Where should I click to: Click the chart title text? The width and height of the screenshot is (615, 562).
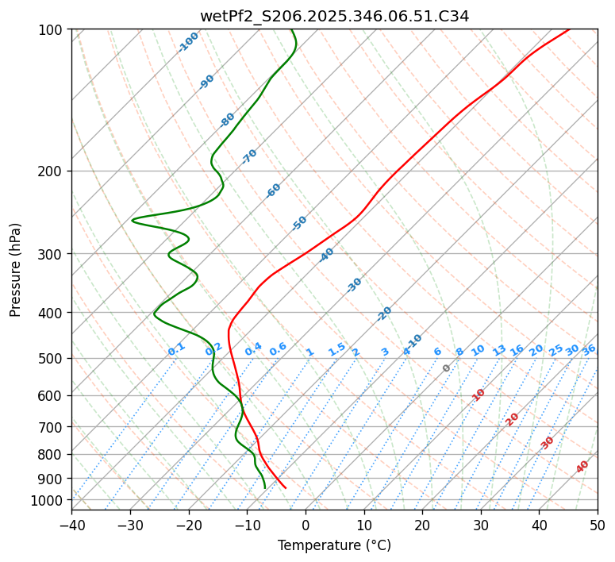coord(334,16)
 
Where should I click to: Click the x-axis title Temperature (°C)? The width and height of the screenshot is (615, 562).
coord(334,546)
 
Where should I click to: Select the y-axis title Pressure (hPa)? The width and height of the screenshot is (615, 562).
coord(16,270)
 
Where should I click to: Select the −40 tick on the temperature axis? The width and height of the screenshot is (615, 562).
coord(71,525)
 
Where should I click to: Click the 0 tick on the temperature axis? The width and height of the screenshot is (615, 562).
coord(306,525)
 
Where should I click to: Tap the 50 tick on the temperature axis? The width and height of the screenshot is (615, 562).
coord(598,525)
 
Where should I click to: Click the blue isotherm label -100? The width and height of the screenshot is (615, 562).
coord(189,42)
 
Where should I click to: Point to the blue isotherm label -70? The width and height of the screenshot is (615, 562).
coord(249,156)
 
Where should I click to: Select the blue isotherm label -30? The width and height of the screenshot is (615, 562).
coord(354,285)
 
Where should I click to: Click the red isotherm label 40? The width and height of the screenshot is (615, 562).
coord(582,467)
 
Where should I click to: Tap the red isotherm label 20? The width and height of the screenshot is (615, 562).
coord(513,418)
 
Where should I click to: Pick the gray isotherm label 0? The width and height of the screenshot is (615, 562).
coord(447,368)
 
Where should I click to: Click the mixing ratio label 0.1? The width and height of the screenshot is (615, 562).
coord(176,349)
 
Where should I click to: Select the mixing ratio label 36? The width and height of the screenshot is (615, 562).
coord(589,349)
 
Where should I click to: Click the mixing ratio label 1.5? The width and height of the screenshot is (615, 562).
coord(336,349)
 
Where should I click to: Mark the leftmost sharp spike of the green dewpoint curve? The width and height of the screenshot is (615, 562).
coord(133,220)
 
